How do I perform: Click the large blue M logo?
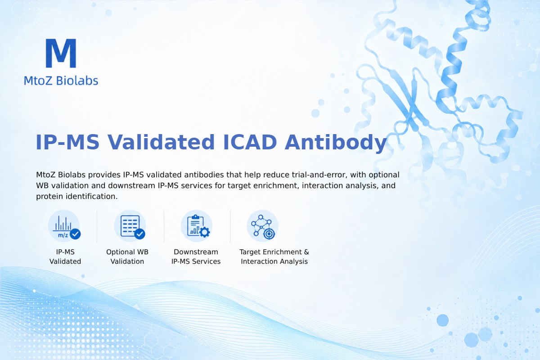click(x=61, y=53)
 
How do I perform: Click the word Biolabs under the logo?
click(x=77, y=80)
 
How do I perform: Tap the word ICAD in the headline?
click(x=250, y=142)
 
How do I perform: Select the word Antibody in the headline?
click(x=336, y=143)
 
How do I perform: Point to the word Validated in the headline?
click(x=161, y=142)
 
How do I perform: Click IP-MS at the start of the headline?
click(x=67, y=142)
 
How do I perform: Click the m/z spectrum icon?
click(x=64, y=226)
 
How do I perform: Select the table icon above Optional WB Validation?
click(x=130, y=226)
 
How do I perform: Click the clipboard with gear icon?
click(x=197, y=226)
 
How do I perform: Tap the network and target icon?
click(x=262, y=226)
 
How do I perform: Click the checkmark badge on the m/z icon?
click(x=75, y=234)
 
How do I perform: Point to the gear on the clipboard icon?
click(x=204, y=232)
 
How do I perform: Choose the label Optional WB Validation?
click(x=127, y=256)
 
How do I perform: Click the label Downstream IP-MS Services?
click(x=196, y=256)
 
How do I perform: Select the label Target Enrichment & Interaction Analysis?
click(x=274, y=256)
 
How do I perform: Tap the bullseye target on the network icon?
click(x=269, y=234)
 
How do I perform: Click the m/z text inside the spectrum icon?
click(x=63, y=235)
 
